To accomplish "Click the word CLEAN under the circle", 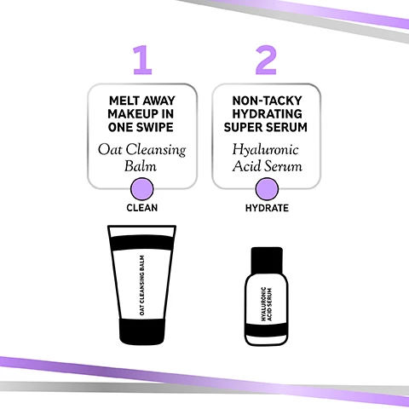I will click(143, 208).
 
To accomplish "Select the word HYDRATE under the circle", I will click(266, 208).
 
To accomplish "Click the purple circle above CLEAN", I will click(143, 188).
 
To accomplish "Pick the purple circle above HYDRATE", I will click(266, 188).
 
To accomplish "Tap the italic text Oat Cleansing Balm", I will click(143, 159).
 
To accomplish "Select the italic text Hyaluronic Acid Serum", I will click(266, 159).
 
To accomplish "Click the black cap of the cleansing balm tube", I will click(143, 331).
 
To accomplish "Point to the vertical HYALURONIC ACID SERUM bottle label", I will click(266, 302).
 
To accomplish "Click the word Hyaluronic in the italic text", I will click(266, 150).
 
